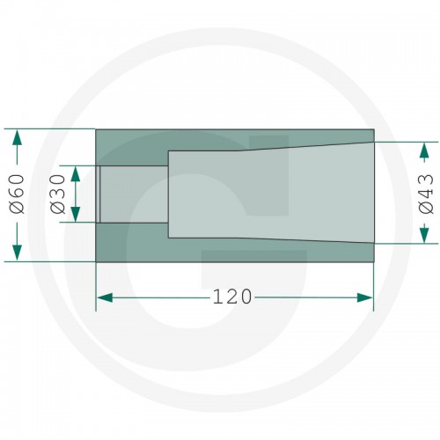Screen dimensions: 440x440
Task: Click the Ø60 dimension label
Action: click(x=17, y=194)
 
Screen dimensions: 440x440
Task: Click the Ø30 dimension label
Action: click(x=58, y=194)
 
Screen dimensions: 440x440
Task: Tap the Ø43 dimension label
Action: click(x=426, y=194)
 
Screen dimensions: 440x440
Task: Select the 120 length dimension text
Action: click(x=231, y=297)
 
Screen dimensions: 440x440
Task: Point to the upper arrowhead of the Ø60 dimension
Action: click(x=17, y=136)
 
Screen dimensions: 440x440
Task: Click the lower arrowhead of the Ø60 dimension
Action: click(x=17, y=253)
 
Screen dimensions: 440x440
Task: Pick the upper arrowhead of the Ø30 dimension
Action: click(x=76, y=173)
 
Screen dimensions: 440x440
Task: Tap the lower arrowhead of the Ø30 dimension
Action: click(x=76, y=215)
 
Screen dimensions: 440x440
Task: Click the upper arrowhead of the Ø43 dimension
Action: click(x=424, y=150)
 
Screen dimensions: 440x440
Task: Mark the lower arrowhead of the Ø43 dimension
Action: click(x=424, y=236)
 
